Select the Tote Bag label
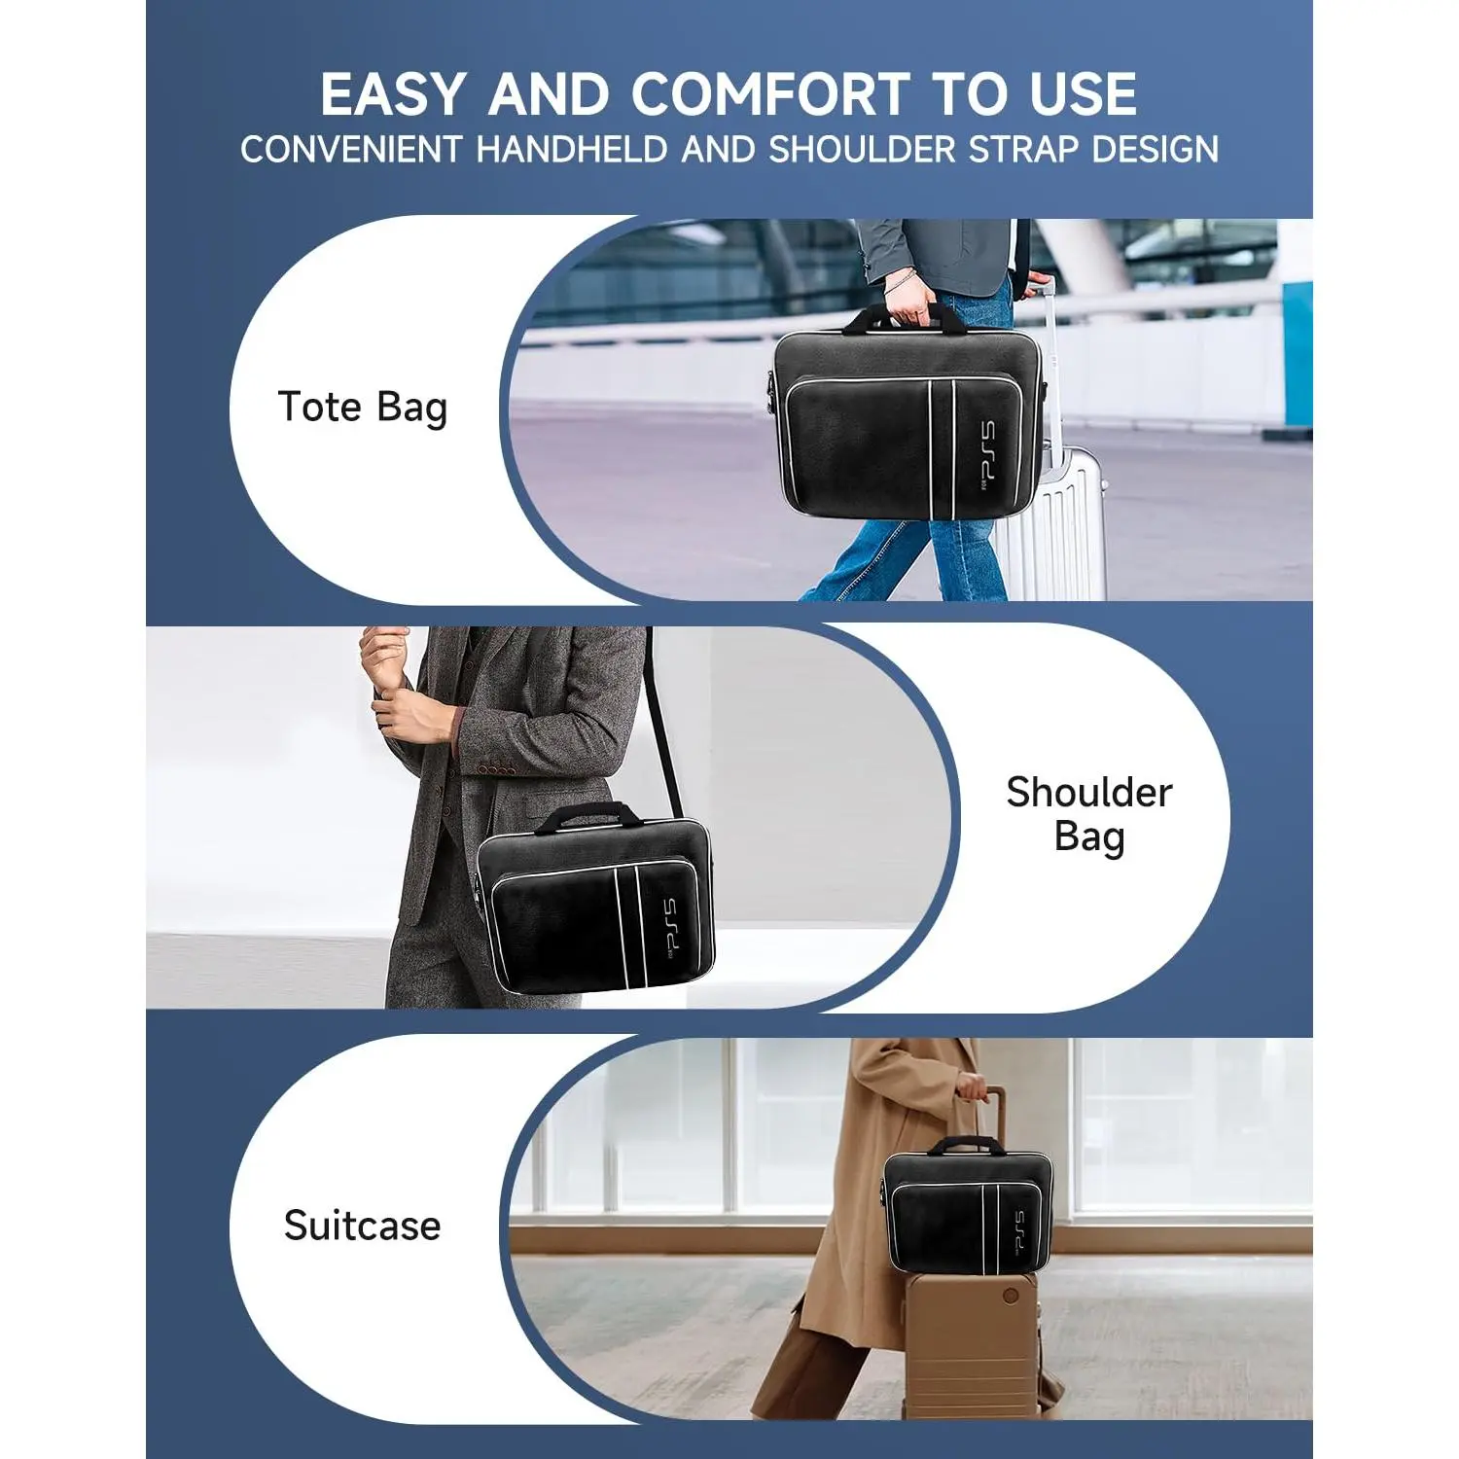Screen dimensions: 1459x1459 pos(363,408)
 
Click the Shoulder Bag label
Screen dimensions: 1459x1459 pos(1089,815)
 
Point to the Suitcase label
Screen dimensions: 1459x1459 pos(362,1226)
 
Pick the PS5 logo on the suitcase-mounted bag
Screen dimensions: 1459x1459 pos(1015,1230)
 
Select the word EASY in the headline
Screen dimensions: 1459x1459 pos(393,94)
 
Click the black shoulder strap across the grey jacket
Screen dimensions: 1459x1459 pos(662,725)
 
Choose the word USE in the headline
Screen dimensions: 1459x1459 pos(1083,94)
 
